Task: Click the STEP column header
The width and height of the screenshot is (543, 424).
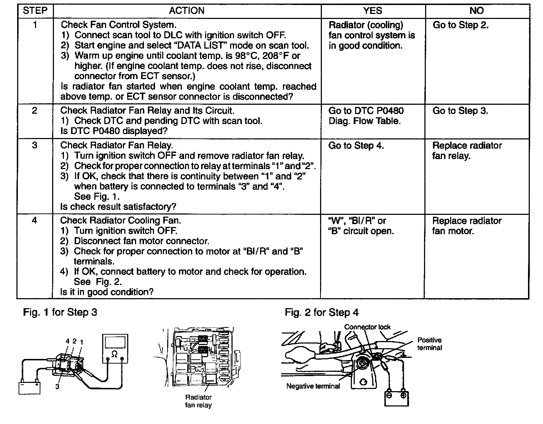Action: coord(35,11)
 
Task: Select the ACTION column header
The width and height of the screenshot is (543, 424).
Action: coord(186,11)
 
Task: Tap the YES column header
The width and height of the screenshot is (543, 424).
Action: coord(373,11)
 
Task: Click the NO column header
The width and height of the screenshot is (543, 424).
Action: coord(477,11)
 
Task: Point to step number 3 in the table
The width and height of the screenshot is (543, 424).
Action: coord(34,145)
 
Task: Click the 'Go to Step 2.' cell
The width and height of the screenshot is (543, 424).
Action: coord(460,25)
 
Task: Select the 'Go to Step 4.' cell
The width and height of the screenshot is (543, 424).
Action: coord(356,146)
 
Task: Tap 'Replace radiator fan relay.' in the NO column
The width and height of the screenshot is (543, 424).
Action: coord(467,151)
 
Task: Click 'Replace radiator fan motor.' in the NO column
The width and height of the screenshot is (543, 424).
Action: coord(467,226)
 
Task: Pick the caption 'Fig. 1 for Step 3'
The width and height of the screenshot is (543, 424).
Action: coord(60,312)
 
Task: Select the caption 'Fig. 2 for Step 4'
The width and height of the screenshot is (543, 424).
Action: coord(322,312)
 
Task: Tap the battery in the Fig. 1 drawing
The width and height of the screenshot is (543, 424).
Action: coord(29,388)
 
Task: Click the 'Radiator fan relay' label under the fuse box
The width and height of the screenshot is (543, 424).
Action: coord(198,401)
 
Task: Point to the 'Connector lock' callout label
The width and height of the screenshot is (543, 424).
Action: coord(367,327)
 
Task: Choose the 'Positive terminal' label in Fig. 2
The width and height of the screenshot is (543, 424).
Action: coord(429,344)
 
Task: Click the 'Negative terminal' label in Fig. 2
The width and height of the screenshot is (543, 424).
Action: coord(313,386)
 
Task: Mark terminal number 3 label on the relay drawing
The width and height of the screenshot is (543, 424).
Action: coord(57,386)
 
